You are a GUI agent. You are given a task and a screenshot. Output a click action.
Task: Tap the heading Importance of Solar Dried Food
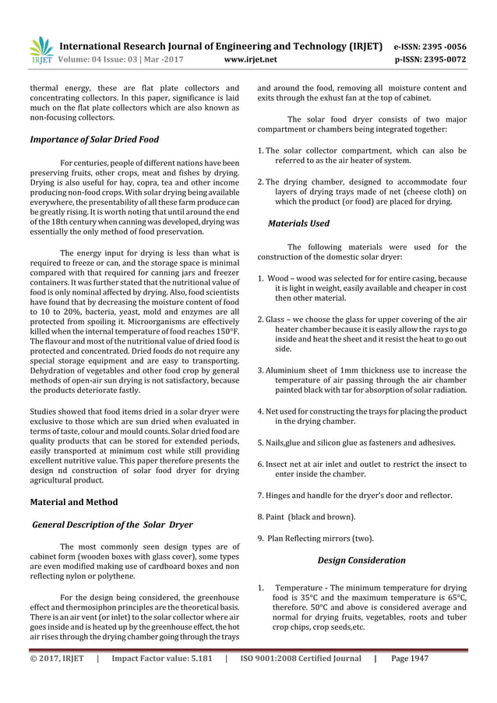pos(94,140)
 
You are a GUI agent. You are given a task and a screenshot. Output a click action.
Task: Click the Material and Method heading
pos(73,502)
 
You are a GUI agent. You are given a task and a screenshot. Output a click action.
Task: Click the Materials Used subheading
pos(298,224)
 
